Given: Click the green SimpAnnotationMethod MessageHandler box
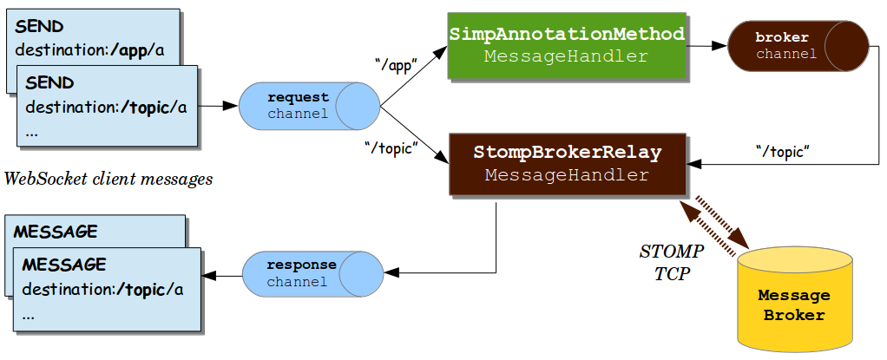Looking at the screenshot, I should (567, 46).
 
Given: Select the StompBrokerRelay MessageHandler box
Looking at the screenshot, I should (567, 163).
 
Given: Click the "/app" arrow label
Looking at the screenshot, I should (396, 63).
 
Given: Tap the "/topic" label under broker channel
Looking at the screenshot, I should (782, 151).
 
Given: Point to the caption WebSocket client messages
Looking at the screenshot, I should (108, 180).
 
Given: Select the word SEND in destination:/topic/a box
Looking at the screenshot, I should (49, 83).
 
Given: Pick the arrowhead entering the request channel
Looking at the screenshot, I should (232, 106).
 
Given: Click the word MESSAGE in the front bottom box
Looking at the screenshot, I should (64, 264).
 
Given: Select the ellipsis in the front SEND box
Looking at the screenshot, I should (31, 134).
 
